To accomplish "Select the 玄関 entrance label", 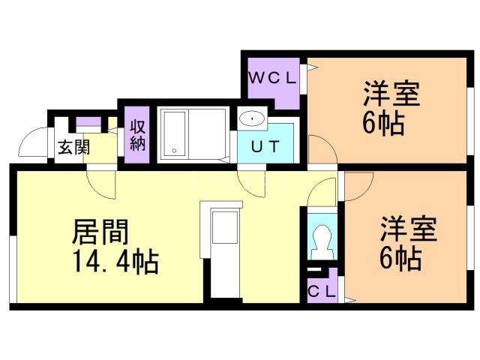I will pos(73,146).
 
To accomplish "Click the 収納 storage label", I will pos(138,135).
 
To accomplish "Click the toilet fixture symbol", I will pos(322,241).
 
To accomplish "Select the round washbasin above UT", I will pos(253,118).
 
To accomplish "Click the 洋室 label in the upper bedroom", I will pos(391,95).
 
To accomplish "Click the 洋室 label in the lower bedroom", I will pos(409,229).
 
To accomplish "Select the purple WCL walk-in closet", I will pos(274,82).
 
